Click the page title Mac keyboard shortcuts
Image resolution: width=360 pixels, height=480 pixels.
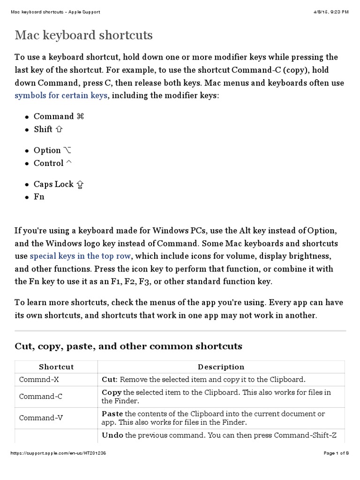(84, 35)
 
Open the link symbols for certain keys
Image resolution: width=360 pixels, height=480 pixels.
(61, 95)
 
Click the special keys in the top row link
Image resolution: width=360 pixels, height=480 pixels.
(81, 256)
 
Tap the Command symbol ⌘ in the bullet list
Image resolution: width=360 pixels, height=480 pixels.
(80, 116)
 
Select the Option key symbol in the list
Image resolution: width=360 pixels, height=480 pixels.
(67, 150)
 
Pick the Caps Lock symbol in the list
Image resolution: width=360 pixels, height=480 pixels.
(80, 184)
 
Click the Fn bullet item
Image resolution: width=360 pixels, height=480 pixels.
(39, 197)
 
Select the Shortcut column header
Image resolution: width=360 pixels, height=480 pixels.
(56, 367)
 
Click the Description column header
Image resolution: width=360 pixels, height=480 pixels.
(221, 367)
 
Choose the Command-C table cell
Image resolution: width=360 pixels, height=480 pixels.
(41, 396)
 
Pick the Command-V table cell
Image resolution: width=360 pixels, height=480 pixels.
(41, 418)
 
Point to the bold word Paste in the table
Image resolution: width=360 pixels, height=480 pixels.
(112, 413)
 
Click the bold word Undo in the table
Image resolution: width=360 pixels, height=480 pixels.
(112, 435)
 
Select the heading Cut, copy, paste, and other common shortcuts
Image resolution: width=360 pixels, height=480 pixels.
(128, 346)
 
